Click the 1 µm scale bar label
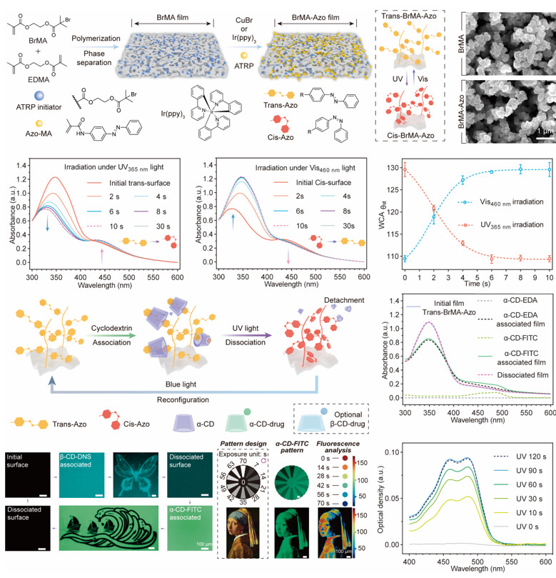(x=537, y=131)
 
